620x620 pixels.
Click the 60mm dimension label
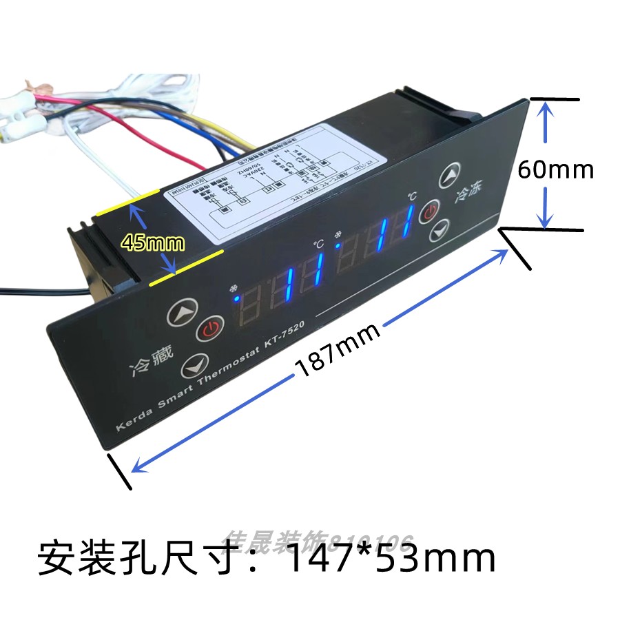(x=556, y=168)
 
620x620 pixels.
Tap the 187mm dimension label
(x=338, y=350)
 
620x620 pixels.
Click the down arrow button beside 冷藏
(x=195, y=365)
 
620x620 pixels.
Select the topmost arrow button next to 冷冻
(x=451, y=176)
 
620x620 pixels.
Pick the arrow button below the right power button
(x=439, y=229)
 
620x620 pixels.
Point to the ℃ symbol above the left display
(x=318, y=244)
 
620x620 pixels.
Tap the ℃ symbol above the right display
(x=411, y=196)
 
